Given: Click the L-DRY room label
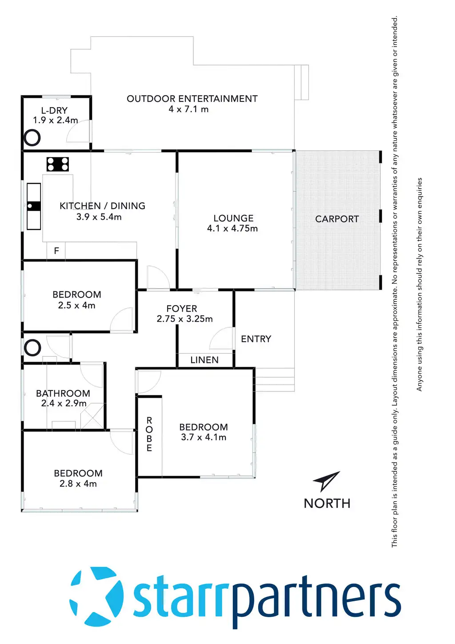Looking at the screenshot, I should [54, 110].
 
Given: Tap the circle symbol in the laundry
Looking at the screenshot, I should [32, 138].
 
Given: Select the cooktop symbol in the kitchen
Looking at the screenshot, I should [58, 164].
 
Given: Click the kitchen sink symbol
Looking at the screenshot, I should [34, 206].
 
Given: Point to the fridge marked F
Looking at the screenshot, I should [56, 251].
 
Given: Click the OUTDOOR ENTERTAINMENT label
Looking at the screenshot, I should [192, 99].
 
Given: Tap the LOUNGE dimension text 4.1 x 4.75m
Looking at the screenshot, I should [232, 229].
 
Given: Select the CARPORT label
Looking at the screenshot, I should [337, 219].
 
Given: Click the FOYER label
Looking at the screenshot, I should [182, 308].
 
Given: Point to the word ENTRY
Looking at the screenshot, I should [256, 339].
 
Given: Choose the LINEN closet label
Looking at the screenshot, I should [204, 360].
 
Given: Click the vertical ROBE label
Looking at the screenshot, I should [149, 434].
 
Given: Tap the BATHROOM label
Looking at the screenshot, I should [63, 393].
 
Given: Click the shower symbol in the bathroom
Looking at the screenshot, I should [92, 417].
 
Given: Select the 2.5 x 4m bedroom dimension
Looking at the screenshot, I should [76, 306].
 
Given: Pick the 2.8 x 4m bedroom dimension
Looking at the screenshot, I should [78, 484].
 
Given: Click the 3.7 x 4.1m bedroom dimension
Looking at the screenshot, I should [204, 437].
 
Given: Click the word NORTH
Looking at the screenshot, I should [327, 503].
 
